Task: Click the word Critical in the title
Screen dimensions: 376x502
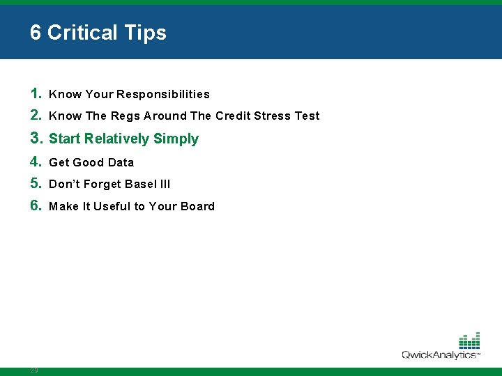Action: coord(84,33)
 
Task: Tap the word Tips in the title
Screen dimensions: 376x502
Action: coord(146,33)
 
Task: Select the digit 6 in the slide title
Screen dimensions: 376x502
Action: coord(36,33)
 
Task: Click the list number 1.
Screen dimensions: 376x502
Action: coord(36,93)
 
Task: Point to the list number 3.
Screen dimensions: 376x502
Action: coord(36,138)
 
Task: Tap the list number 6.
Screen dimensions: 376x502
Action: coord(36,205)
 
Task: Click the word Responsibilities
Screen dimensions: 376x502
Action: coord(163,94)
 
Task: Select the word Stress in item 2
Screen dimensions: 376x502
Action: coord(273,116)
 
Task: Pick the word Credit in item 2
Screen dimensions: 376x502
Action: coord(233,116)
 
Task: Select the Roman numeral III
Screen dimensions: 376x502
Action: coord(165,185)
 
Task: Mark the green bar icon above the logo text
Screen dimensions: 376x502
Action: coord(469,340)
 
